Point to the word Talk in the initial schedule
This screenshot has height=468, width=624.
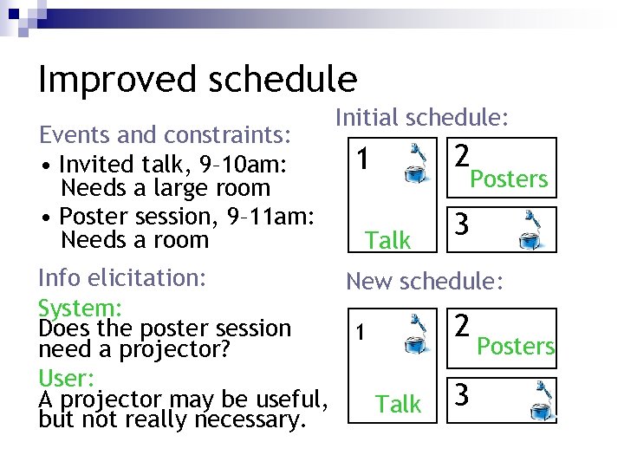(387, 240)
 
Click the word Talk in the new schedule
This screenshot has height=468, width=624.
(398, 403)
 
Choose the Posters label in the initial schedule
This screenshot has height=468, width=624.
(508, 179)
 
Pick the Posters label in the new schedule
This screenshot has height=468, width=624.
(517, 346)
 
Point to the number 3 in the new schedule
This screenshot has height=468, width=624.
(463, 395)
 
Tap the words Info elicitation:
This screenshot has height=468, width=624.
(122, 277)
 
